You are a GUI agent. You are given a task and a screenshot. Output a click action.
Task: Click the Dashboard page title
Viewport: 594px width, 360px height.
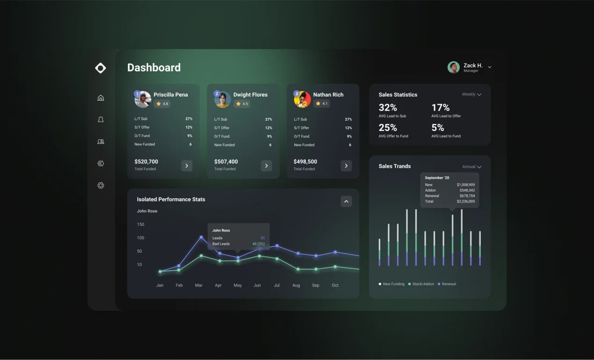[x=154, y=68]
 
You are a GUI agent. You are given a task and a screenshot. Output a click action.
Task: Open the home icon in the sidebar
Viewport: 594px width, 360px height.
[x=101, y=98]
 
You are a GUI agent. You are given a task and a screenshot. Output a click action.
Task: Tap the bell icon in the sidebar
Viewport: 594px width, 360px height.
[x=101, y=120]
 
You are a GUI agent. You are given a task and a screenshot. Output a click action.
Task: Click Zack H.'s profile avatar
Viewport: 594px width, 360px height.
[x=453, y=67]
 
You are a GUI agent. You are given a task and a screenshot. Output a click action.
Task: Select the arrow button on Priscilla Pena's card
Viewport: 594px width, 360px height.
[x=187, y=166]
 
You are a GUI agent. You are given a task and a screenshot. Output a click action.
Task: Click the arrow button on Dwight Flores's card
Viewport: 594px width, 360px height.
[x=267, y=166]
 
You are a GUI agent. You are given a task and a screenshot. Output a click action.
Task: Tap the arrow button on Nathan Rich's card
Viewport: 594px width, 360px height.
[x=346, y=166]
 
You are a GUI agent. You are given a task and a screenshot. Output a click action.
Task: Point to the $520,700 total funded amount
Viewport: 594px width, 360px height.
[x=146, y=162]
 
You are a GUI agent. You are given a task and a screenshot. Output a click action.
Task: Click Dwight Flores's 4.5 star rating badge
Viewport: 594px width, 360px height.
[x=242, y=104]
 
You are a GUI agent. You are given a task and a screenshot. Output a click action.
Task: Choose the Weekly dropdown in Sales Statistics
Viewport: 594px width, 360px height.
[x=471, y=94]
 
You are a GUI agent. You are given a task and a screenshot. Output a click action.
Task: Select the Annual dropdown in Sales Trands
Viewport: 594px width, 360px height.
[x=471, y=166]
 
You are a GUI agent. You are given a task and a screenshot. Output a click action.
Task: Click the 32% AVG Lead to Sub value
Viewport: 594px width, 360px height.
[x=388, y=108]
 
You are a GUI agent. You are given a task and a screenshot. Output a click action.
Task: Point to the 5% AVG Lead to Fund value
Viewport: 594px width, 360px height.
[x=438, y=128]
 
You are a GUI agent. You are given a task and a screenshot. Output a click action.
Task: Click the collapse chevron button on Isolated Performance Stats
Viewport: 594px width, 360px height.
[x=346, y=202]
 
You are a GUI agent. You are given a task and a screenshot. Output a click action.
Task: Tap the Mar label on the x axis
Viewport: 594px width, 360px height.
[x=199, y=285]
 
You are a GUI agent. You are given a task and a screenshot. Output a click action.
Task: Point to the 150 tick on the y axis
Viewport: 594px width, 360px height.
[x=140, y=224]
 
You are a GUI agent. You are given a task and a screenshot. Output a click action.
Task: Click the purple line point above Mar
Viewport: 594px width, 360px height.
[x=201, y=237]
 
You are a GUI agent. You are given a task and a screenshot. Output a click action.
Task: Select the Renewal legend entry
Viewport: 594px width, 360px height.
[x=448, y=284]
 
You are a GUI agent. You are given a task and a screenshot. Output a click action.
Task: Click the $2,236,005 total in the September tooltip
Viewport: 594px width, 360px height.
[x=465, y=202]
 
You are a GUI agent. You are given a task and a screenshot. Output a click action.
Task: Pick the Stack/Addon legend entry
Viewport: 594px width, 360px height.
[x=422, y=284]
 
